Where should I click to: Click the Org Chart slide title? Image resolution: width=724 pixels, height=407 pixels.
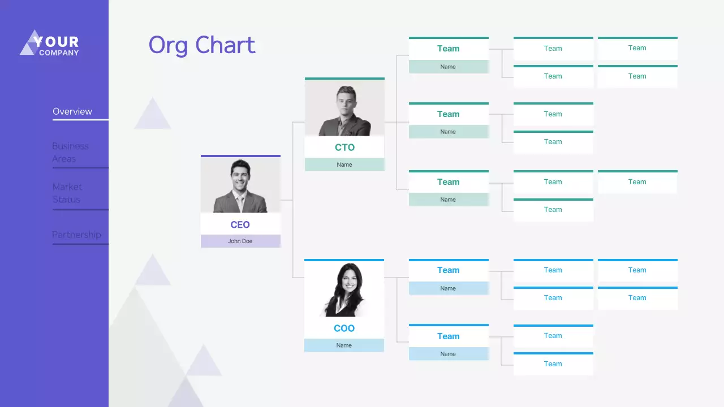(202, 45)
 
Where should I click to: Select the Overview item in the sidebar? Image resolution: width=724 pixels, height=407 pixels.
(72, 111)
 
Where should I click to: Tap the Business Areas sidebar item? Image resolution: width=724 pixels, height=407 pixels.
(71, 152)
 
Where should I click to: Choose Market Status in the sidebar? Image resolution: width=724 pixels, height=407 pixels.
(67, 193)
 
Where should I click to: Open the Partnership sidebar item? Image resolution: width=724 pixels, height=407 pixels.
(76, 235)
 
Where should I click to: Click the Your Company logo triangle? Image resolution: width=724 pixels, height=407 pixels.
(29, 44)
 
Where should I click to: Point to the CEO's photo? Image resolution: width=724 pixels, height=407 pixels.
(240, 185)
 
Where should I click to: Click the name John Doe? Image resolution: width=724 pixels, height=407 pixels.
(240, 241)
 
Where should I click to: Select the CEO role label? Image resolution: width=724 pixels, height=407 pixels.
(240, 224)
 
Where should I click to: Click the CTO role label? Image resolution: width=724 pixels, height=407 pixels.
(344, 148)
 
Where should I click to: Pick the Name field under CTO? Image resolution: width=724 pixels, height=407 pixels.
(344, 164)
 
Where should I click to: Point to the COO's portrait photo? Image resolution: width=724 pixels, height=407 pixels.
(344, 289)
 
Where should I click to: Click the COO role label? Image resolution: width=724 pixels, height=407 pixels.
(344, 328)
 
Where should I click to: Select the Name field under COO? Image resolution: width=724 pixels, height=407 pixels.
(344, 345)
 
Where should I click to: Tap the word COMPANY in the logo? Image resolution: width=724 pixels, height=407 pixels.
(59, 53)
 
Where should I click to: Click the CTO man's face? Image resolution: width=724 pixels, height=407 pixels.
(345, 102)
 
